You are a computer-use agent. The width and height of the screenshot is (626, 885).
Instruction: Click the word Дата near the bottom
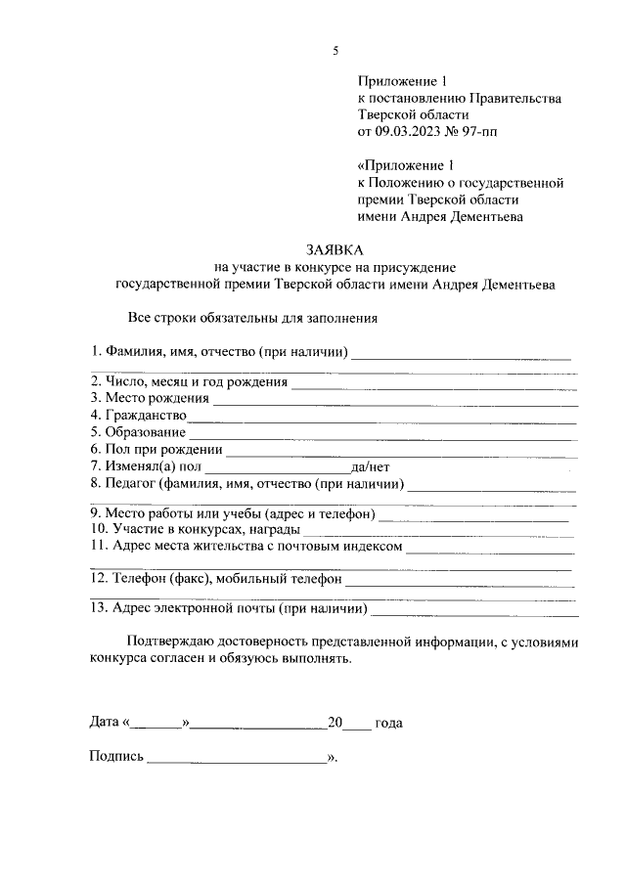[104, 724]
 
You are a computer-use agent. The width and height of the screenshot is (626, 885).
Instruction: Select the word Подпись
[116, 757]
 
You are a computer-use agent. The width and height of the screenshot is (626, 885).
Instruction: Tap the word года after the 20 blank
[388, 724]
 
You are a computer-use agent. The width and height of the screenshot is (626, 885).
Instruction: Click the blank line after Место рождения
[395, 401]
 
